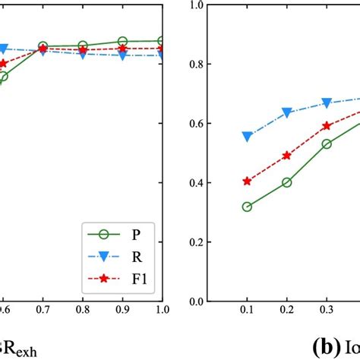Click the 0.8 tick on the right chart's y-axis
pyautogui.click(x=195, y=64)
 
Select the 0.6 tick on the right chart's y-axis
pyautogui.click(x=195, y=123)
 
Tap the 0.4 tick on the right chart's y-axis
pyautogui.click(x=195, y=182)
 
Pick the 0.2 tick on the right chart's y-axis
pyautogui.click(x=195, y=242)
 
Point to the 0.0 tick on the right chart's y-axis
pyautogui.click(x=195, y=302)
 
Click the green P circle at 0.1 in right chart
pyautogui.click(x=247, y=207)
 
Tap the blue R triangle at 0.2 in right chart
pyautogui.click(x=287, y=113)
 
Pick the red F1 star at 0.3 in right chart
pyautogui.click(x=327, y=126)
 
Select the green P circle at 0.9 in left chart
pyautogui.click(x=122, y=41)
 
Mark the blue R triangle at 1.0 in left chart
pyautogui.click(x=161, y=55)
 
